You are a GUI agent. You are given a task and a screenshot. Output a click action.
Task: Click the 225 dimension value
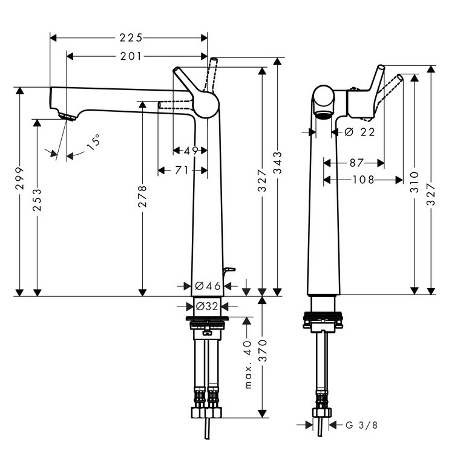click(x=130, y=38)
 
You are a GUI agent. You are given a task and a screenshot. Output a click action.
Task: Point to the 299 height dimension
click(x=19, y=178)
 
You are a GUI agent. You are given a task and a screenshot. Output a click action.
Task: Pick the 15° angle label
click(x=93, y=143)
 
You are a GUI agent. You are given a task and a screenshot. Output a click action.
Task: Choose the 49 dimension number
click(x=190, y=151)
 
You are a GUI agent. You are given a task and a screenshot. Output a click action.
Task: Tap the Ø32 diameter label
click(x=208, y=306)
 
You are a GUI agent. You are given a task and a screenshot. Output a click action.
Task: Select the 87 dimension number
click(x=356, y=163)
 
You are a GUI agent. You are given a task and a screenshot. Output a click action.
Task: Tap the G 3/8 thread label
click(x=361, y=425)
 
